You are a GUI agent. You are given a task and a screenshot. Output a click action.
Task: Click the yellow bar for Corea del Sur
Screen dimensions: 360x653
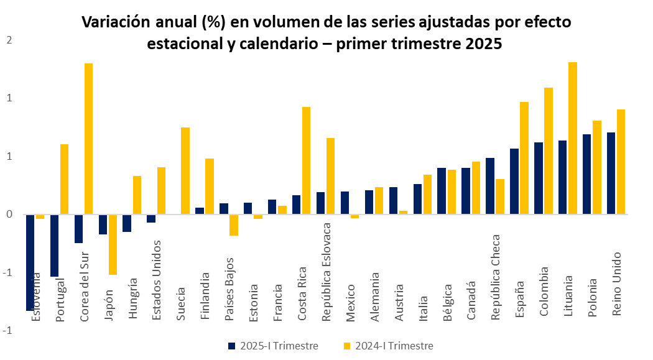(x=88, y=139)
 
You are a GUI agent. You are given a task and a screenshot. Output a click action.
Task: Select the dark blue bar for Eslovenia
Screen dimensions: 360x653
(x=30, y=261)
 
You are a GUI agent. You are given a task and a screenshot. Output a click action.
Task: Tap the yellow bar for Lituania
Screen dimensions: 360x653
(x=573, y=138)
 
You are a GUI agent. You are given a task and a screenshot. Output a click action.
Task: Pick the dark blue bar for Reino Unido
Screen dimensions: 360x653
(x=611, y=173)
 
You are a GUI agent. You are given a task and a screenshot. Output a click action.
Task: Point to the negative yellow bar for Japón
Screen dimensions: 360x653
(x=113, y=244)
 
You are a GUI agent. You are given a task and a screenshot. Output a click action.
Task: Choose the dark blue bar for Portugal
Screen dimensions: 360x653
(x=54, y=245)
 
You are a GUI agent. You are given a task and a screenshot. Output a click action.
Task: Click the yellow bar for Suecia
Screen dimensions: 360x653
(x=185, y=171)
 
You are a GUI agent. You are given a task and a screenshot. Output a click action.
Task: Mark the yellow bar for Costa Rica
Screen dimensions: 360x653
(x=306, y=160)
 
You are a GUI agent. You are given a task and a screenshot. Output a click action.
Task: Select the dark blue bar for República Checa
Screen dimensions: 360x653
(x=490, y=186)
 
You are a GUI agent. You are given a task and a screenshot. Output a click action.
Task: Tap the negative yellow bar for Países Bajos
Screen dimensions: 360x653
(x=234, y=225)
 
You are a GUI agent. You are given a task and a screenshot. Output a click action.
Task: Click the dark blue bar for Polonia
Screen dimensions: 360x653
(x=587, y=174)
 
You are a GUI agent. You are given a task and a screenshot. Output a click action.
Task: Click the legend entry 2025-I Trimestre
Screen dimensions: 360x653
(x=273, y=346)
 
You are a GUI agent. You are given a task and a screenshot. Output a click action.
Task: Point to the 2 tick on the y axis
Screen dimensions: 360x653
(x=9, y=40)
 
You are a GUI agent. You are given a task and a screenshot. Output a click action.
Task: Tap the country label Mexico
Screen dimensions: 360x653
(x=351, y=303)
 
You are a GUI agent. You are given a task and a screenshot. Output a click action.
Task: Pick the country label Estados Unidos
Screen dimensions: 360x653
(x=157, y=280)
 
